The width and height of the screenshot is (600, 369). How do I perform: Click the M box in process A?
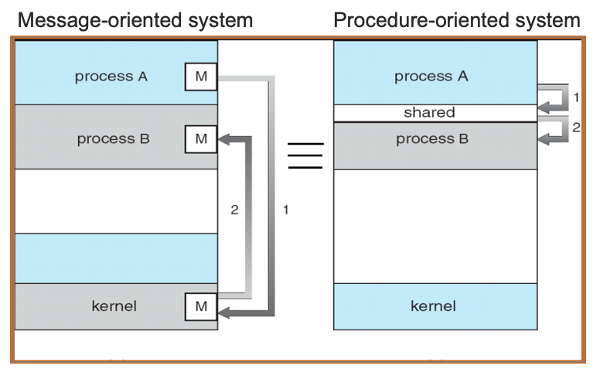201,77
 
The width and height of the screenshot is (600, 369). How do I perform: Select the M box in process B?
201,139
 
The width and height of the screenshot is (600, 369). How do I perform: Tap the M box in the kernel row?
201,307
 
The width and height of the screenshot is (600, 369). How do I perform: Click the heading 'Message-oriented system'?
135,21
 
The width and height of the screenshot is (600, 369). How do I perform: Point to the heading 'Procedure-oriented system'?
457,21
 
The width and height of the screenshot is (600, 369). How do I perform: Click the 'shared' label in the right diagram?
429,113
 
